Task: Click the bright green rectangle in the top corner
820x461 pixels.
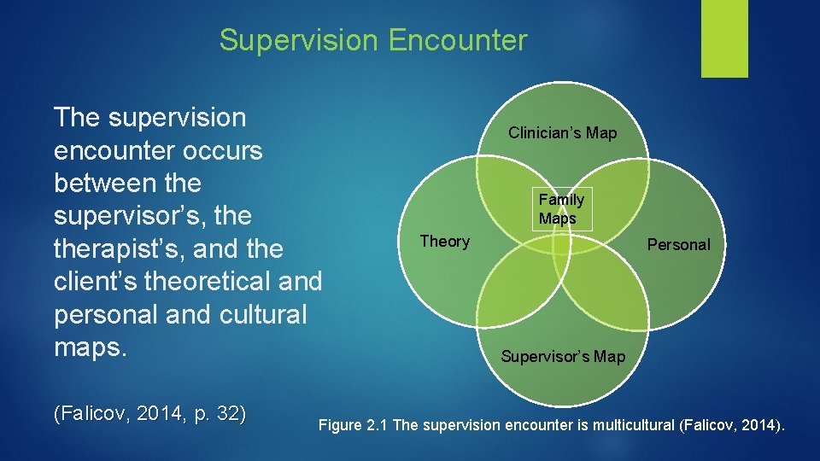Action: [x=724, y=38]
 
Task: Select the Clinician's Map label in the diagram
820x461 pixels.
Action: [x=562, y=133]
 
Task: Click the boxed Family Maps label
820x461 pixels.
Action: [x=561, y=209]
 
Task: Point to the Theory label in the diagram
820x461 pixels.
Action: [x=444, y=242]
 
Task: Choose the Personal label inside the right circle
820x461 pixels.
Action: [x=678, y=245]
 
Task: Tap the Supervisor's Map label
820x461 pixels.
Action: [x=563, y=356]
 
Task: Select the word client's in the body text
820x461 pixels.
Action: [x=97, y=282]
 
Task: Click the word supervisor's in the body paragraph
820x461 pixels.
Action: [x=132, y=216]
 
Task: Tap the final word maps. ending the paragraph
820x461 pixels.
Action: [x=90, y=348]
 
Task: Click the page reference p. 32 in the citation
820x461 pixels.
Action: [x=220, y=415]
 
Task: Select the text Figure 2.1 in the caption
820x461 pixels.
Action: [x=353, y=425]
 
